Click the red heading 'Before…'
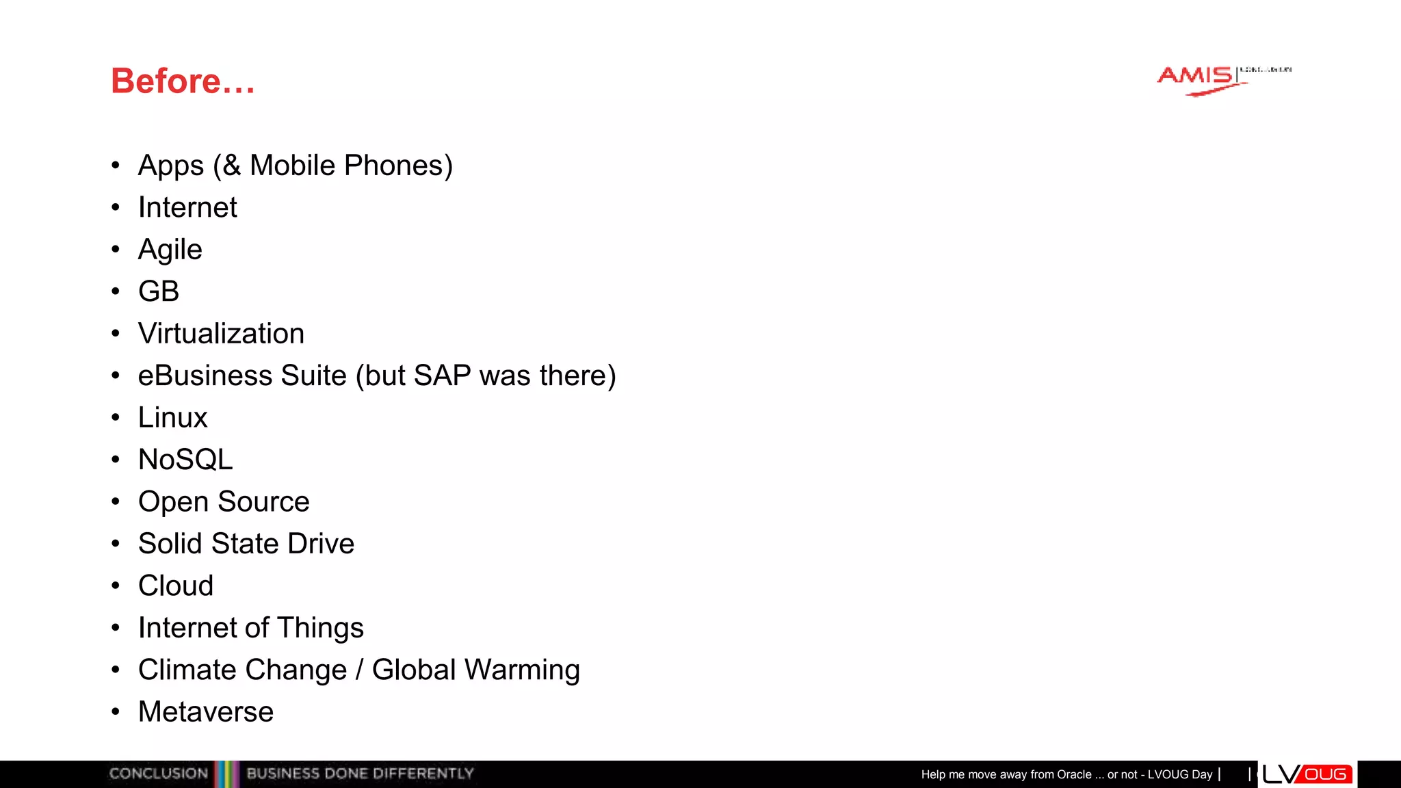tap(183, 81)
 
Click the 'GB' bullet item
tap(159, 292)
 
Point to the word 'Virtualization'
tap(221, 334)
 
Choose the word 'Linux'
tap(172, 418)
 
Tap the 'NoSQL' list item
tap(185, 460)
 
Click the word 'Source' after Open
tap(263, 502)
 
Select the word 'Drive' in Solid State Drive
tap(321, 544)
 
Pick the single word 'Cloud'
tap(176, 586)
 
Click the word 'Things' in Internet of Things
tap(320, 628)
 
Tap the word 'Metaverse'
tap(206, 712)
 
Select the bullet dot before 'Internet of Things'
tap(116, 627)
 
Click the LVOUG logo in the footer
tap(1306, 774)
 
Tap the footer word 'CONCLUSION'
tap(159, 774)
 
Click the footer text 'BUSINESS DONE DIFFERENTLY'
tap(360, 774)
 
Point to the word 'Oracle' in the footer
tap(1074, 774)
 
